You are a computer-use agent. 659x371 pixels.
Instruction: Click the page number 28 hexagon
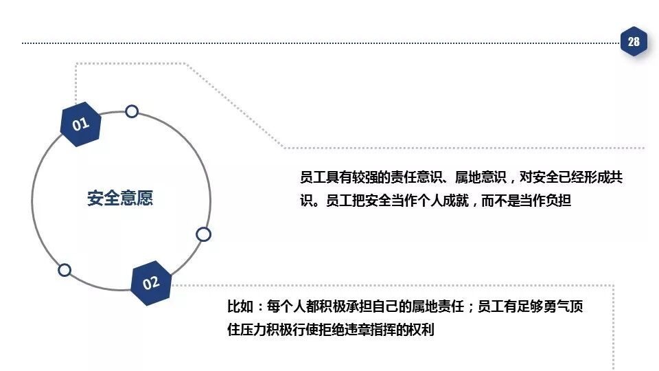point(633,42)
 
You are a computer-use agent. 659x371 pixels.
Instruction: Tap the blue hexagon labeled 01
point(81,124)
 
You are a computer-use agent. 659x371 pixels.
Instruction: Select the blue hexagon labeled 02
point(151,282)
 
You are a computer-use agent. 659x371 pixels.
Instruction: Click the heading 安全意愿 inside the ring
point(120,199)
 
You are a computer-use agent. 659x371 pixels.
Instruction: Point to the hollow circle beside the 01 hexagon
point(132,111)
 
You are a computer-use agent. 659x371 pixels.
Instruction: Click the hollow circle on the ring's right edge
point(203,234)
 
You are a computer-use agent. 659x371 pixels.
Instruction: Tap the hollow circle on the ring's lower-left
point(65,270)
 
